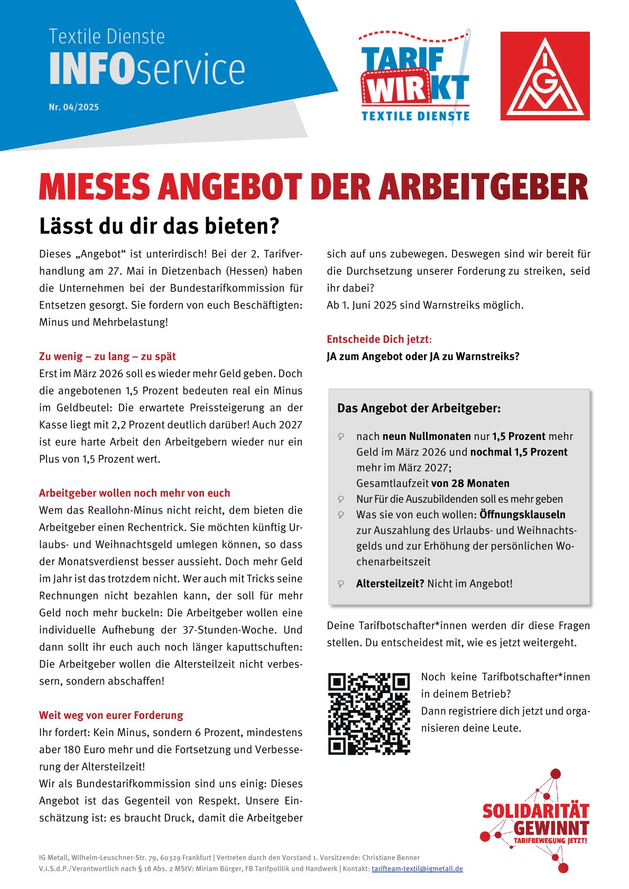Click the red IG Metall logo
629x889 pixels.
click(x=545, y=76)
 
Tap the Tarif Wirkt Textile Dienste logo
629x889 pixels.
click(x=415, y=78)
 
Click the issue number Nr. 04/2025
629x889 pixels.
click(x=73, y=107)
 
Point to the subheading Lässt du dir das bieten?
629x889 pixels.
click(x=159, y=226)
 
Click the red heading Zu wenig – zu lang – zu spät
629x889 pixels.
click(x=107, y=357)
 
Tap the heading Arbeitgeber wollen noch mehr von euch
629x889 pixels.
click(x=134, y=493)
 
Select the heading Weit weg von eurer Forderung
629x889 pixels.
click(x=111, y=715)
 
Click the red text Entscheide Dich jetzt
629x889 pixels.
click(x=378, y=339)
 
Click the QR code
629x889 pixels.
click(x=369, y=714)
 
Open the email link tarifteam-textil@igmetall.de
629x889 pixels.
click(x=417, y=869)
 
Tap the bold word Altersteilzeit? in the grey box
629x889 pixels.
click(x=390, y=584)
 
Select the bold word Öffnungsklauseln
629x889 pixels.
click(x=522, y=514)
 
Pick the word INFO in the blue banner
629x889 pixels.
click(x=92, y=69)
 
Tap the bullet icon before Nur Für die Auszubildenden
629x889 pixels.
click(x=341, y=499)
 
